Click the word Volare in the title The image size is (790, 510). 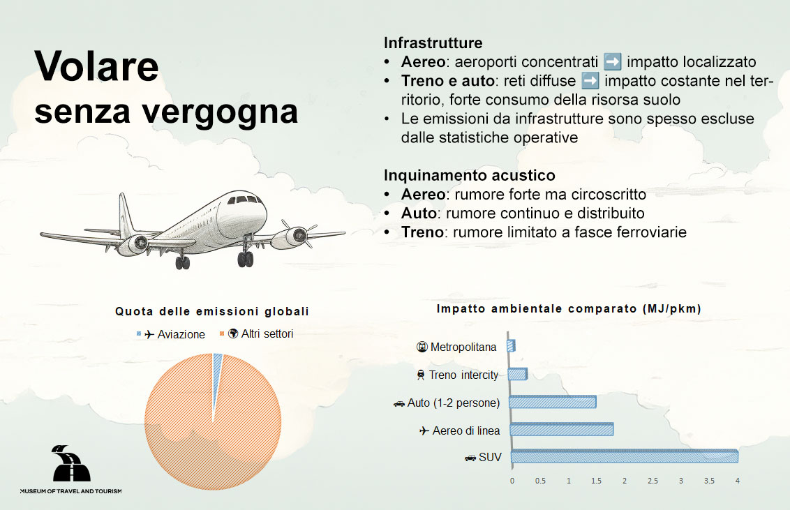point(96,67)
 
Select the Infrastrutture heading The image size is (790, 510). point(433,43)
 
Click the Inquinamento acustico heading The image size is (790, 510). point(470,175)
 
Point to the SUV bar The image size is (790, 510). point(624,457)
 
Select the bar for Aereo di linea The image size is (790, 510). point(562,430)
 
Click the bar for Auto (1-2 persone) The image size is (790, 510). point(553,402)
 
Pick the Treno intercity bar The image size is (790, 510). point(517,375)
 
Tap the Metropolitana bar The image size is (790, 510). point(512,345)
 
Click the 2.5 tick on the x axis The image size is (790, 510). point(652,481)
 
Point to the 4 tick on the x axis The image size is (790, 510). point(737,481)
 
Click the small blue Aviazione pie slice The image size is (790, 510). point(217,359)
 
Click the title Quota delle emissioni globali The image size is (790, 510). point(212,311)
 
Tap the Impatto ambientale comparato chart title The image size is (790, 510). point(569,308)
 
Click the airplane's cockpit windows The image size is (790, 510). point(245,200)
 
